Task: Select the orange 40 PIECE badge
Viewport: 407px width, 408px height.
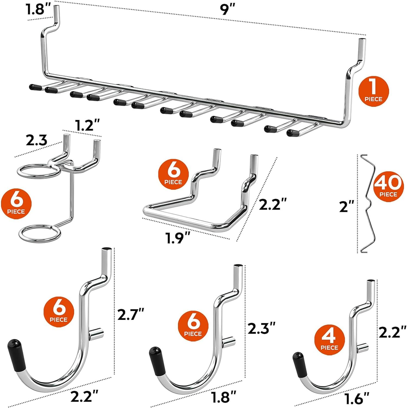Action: [387, 188]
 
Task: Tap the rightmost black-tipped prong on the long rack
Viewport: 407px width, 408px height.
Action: [295, 133]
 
